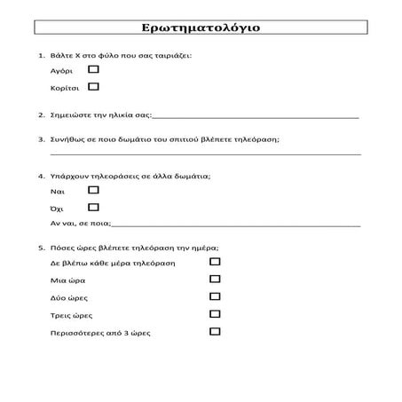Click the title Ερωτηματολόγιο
201,27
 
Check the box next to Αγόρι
94,68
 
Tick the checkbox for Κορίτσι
94,87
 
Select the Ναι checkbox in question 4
94,190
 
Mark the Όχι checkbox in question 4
94,207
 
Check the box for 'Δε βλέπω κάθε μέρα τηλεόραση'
215,263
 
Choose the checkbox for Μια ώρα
215,280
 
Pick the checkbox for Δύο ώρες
215,297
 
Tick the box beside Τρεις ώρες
215,314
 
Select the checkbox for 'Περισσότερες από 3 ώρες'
215,332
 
